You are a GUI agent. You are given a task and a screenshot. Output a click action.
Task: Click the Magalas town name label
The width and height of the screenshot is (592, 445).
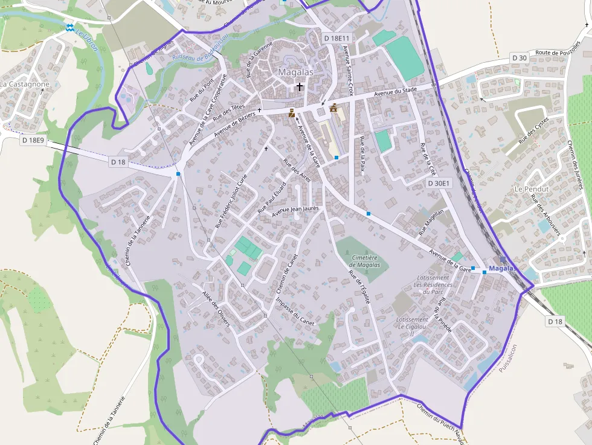click(295, 72)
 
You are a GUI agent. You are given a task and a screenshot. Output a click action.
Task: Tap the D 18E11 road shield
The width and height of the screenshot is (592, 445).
click(336, 37)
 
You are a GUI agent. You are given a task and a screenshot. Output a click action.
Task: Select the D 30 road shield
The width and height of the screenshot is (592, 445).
click(519, 58)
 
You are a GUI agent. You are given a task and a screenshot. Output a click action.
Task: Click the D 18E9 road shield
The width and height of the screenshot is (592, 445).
click(33, 140)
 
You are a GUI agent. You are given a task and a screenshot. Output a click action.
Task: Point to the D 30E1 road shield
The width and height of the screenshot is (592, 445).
click(439, 183)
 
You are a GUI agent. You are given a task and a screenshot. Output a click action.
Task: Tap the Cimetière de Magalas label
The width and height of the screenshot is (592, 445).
click(365, 261)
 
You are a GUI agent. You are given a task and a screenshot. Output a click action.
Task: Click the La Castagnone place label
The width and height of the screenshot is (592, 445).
click(25, 85)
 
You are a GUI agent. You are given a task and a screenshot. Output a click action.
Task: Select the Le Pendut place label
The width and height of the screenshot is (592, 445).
click(531, 189)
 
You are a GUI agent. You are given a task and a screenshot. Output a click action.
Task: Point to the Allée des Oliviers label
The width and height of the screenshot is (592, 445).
click(216, 307)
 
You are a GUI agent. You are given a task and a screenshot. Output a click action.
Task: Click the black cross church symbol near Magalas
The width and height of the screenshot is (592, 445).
click(300, 87)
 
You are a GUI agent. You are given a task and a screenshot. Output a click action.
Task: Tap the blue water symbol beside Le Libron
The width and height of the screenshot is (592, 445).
click(70, 27)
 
